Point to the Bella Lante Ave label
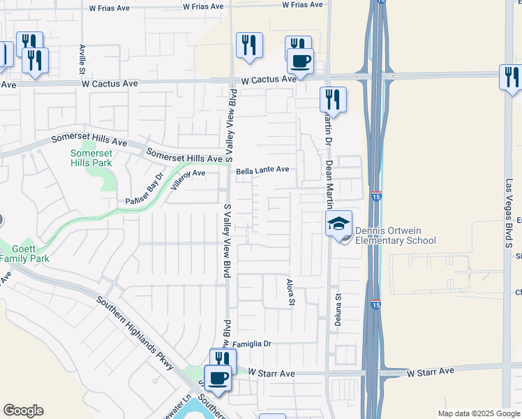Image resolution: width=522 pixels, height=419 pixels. pos(262,170)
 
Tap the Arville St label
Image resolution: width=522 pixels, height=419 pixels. pos(82,59)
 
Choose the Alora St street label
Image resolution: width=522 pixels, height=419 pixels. pos(292,292)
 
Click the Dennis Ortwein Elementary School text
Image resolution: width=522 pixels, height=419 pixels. pos(395,236)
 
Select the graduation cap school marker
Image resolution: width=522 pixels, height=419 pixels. pos(338,225)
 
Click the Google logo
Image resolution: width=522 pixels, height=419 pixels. pos(23,411)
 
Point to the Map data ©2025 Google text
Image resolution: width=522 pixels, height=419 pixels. pos(478,413)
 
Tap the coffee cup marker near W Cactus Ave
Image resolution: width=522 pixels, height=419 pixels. pos(300,61)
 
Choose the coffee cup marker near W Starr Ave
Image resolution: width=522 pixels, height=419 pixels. pos(218,378)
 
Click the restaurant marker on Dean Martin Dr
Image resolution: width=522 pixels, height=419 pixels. pos(333,99)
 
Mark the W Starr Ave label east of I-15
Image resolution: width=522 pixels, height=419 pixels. pos(431,371)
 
